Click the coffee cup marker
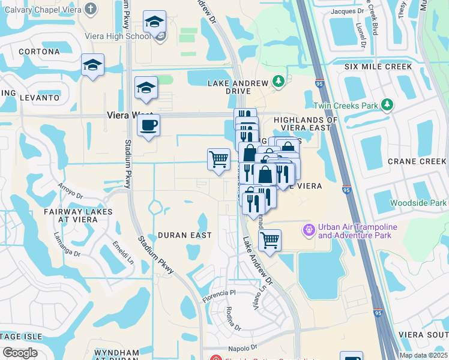point(148,125)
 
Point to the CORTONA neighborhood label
point(39,52)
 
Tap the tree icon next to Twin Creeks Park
point(387,105)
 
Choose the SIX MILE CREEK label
point(378,67)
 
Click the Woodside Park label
point(418,203)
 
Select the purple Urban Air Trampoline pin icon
point(309,229)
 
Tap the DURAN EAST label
point(184,235)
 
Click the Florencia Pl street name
point(220,294)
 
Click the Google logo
point(20,353)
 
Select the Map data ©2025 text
point(423,355)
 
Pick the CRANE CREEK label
point(417,161)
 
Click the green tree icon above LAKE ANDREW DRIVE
point(278,81)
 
